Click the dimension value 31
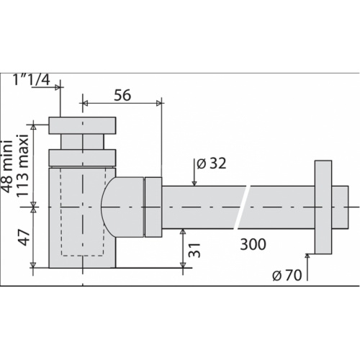point(192,250)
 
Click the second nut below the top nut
point(82,157)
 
